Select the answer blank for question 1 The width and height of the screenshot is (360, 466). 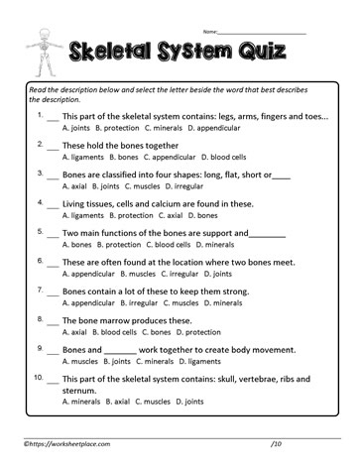click(x=52, y=116)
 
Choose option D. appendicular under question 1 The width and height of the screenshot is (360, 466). click(x=215, y=128)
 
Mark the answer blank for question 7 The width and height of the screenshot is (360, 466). click(x=52, y=292)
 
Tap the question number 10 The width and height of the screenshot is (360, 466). click(x=39, y=378)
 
